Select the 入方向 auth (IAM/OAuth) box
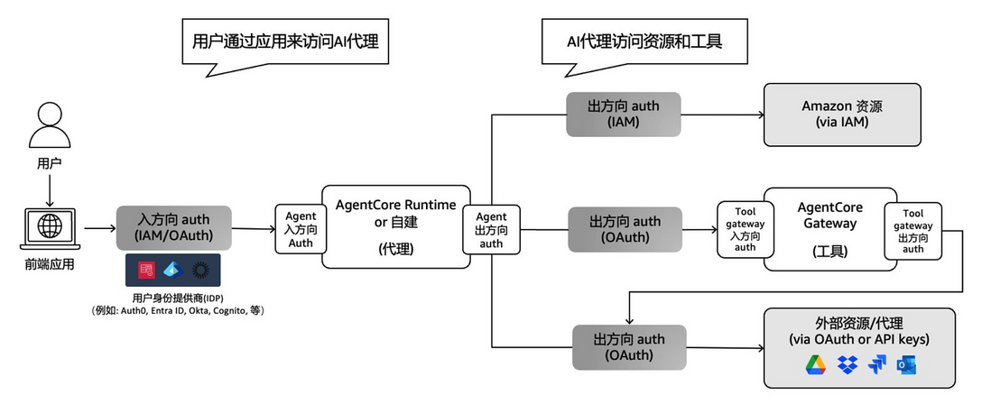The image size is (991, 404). (x=173, y=228)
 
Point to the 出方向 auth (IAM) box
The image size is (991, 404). (x=623, y=115)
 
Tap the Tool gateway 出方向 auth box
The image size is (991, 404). (x=912, y=231)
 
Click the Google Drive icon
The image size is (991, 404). (x=816, y=365)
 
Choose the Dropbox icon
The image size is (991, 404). (x=847, y=365)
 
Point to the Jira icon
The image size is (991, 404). (x=876, y=365)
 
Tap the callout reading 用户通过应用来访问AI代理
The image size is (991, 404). (x=284, y=44)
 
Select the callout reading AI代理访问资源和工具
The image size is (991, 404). (x=644, y=44)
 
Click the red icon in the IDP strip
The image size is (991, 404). (x=146, y=271)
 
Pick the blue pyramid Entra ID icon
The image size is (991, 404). (x=172, y=271)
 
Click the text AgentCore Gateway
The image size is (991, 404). (x=829, y=216)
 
